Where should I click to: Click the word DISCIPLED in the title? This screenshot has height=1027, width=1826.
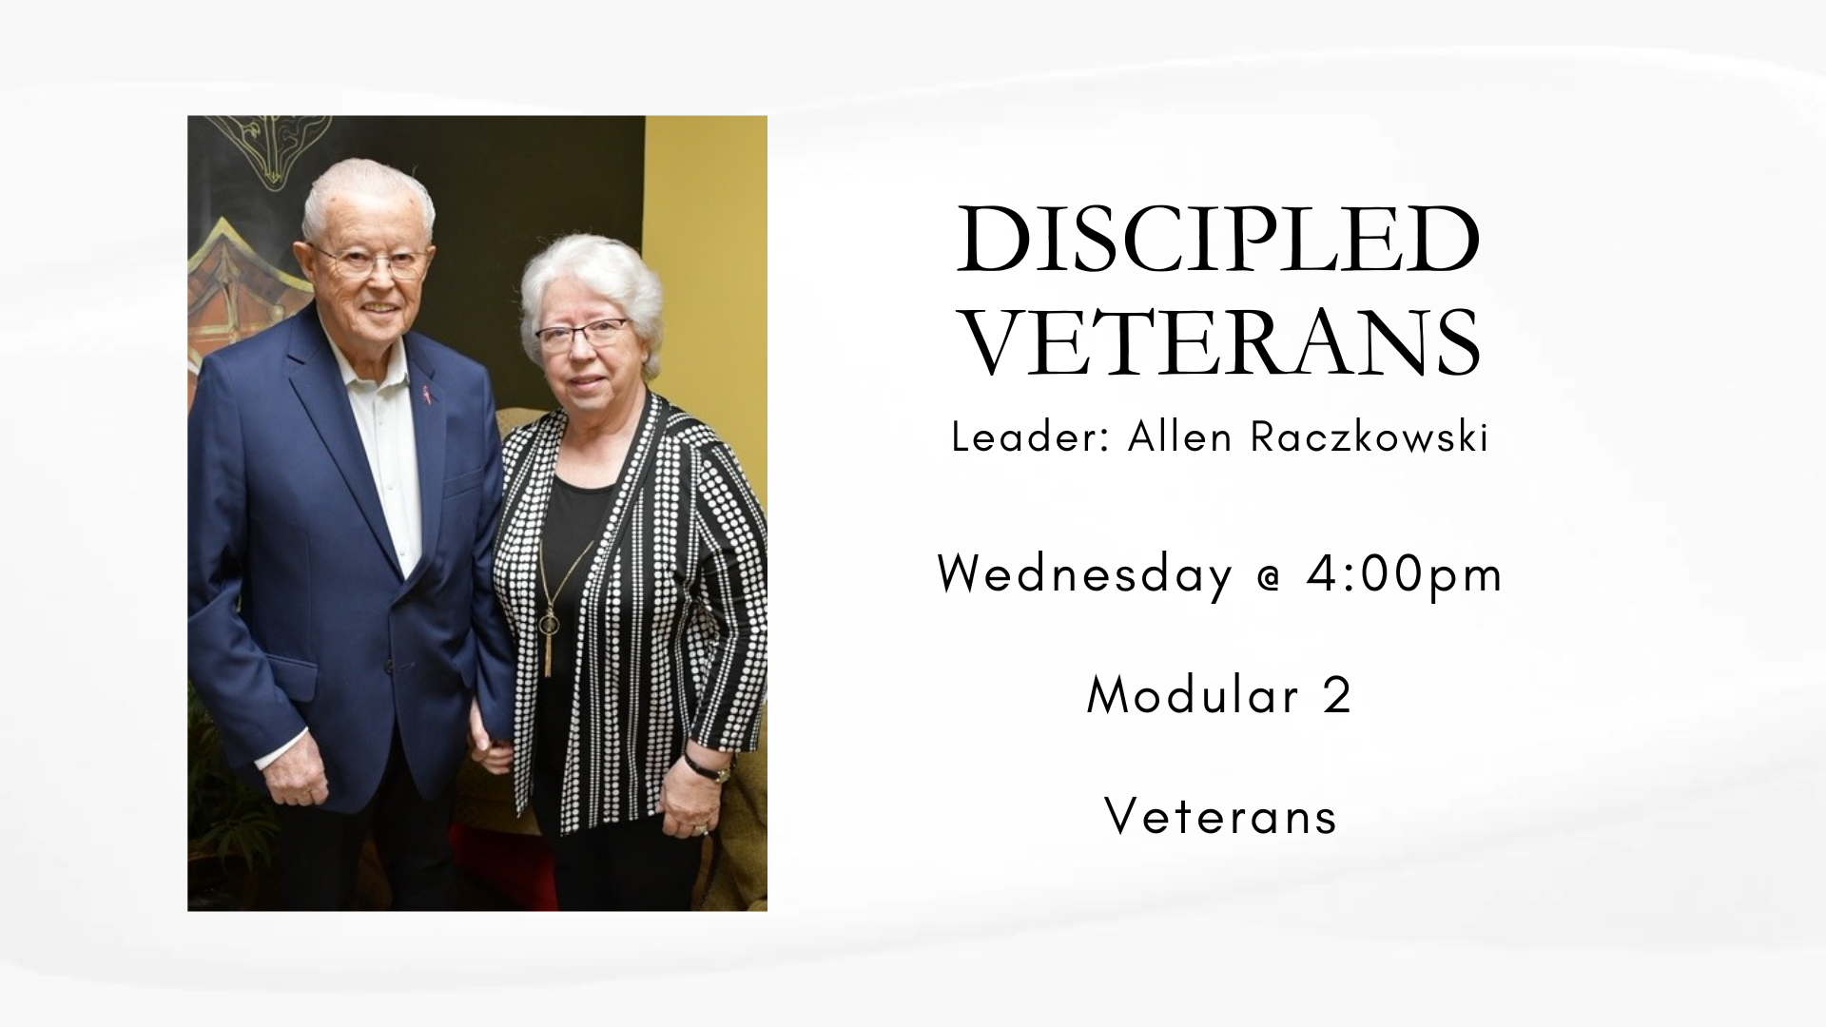click(1218, 240)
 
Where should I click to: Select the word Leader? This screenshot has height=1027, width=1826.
click(1031, 437)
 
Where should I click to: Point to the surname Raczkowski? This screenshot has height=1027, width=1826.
click(1369, 437)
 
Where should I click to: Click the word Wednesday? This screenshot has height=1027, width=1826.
click(1084, 574)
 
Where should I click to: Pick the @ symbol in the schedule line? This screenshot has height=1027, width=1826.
click(1270, 576)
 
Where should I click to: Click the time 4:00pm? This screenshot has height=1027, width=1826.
click(1405, 574)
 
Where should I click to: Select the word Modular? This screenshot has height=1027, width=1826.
click(1194, 695)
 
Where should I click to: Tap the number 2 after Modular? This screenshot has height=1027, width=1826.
click(1336, 695)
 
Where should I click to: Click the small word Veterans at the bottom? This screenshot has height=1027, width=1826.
click(1221, 817)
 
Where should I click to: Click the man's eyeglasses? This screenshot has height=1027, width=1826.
click(371, 262)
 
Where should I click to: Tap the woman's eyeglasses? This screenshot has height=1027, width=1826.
click(582, 333)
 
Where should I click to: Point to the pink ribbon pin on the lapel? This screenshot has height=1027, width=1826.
click(427, 392)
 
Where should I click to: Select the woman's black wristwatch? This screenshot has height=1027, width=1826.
click(705, 766)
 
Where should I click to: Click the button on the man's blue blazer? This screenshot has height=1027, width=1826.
click(388, 668)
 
